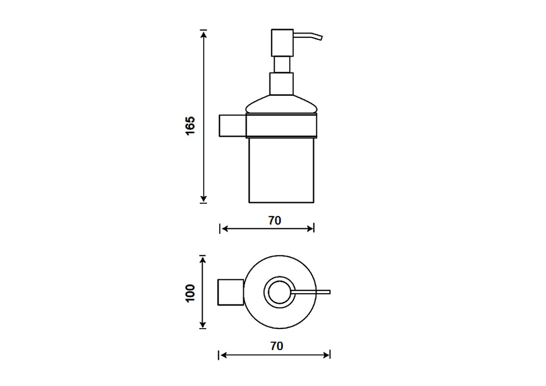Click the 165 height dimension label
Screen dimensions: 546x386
pos(190,126)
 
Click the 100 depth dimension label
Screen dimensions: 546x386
pos(190,293)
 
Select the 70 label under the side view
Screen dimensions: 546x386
pos(275,221)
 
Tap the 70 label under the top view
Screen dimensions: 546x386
pos(276,346)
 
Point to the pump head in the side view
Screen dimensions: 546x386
pos(282,43)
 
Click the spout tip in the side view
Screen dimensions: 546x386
pos(321,37)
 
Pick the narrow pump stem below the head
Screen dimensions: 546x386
pos(282,64)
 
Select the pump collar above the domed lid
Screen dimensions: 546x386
pos(282,84)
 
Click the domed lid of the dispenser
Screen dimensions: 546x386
pos(282,104)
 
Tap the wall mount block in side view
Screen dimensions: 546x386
pos(232,125)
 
